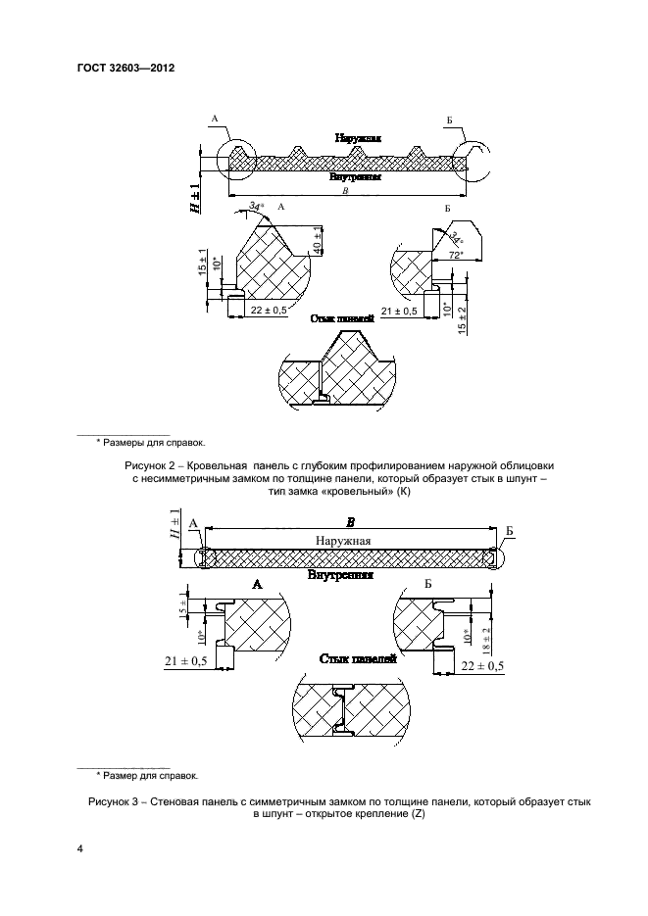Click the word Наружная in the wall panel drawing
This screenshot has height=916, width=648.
pyautogui.click(x=343, y=541)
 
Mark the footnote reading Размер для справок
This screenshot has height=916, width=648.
pyautogui.click(x=147, y=776)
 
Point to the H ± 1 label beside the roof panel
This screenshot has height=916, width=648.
pyautogui.click(x=195, y=197)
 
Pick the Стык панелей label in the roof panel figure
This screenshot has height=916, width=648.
pyautogui.click(x=343, y=319)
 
